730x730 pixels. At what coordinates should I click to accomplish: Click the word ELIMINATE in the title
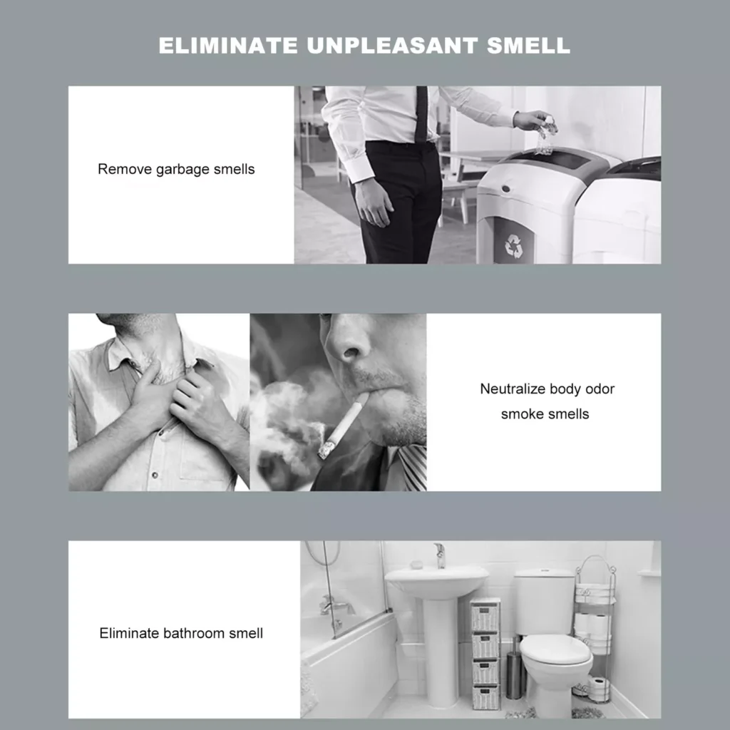227,46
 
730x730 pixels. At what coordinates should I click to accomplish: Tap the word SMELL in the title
528,46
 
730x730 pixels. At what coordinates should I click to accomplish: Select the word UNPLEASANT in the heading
392,46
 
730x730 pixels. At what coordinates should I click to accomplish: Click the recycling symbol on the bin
513,245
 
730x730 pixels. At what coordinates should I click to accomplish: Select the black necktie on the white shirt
421,114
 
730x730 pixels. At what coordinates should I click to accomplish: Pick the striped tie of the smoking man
413,467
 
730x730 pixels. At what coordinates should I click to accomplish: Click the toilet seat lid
556,652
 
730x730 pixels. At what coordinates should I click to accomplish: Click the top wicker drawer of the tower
485,615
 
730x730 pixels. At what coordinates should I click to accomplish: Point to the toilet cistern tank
544,602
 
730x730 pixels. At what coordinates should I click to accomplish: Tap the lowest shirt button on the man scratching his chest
155,475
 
